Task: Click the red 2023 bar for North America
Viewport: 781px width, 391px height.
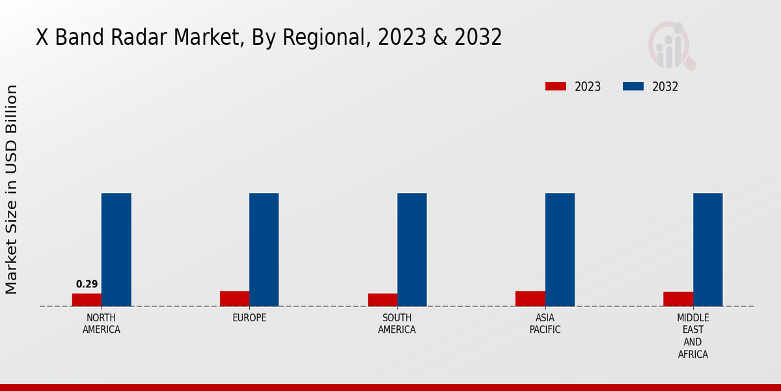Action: point(87,300)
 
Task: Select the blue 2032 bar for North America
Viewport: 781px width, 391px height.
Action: point(116,250)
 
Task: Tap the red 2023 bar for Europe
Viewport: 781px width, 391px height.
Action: point(234,298)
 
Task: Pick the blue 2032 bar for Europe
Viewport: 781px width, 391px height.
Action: point(264,250)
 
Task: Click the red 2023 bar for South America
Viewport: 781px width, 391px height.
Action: point(382,300)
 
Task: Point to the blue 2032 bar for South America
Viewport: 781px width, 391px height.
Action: point(412,250)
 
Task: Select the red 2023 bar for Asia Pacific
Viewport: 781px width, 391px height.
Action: point(530,298)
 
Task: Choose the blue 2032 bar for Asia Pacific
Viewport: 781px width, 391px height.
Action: point(560,250)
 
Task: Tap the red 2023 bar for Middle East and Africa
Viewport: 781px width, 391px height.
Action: point(678,299)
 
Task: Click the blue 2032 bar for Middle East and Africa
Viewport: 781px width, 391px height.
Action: point(707,250)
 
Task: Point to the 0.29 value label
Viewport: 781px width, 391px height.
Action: point(87,284)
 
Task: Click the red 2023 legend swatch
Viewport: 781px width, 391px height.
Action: point(555,87)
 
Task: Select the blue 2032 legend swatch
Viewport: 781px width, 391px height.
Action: point(633,87)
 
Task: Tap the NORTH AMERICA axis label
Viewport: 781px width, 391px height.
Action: point(102,324)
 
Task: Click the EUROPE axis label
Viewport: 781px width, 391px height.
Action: point(249,318)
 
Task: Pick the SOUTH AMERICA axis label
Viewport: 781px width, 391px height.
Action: point(397,324)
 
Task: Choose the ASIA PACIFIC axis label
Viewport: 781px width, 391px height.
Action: point(545,324)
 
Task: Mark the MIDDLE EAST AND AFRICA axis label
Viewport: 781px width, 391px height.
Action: point(692,336)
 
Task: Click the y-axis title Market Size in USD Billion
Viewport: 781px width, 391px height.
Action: point(12,189)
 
